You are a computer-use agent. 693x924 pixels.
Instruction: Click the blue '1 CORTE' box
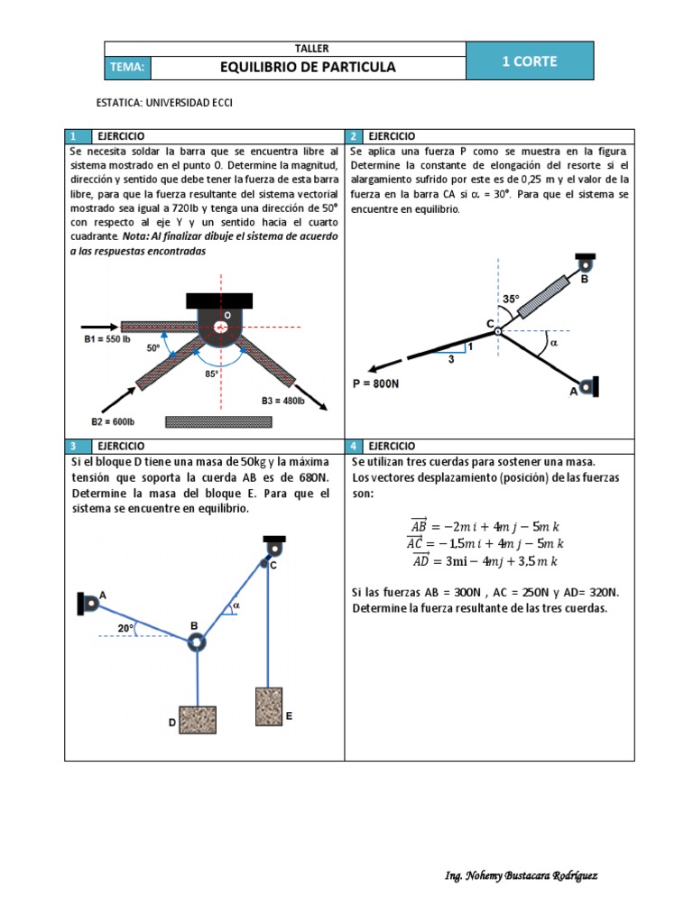point(530,61)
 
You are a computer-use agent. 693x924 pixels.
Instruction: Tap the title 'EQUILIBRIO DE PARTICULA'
point(308,68)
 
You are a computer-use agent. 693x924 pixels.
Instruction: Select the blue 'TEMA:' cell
point(126,68)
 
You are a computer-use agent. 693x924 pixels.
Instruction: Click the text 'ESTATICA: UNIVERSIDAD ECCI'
point(164,103)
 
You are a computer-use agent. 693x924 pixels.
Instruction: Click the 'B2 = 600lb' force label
point(113,420)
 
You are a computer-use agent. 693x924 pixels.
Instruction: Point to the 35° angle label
point(512,299)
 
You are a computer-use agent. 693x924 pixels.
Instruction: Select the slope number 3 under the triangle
point(452,360)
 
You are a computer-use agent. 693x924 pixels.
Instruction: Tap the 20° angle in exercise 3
point(125,628)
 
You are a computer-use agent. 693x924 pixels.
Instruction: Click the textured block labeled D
point(197,719)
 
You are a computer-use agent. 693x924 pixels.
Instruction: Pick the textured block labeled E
point(268,707)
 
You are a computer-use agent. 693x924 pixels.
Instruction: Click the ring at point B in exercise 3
point(196,642)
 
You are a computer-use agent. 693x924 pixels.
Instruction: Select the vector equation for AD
point(486,561)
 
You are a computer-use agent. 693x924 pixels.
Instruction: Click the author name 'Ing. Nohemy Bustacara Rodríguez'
point(521,876)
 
